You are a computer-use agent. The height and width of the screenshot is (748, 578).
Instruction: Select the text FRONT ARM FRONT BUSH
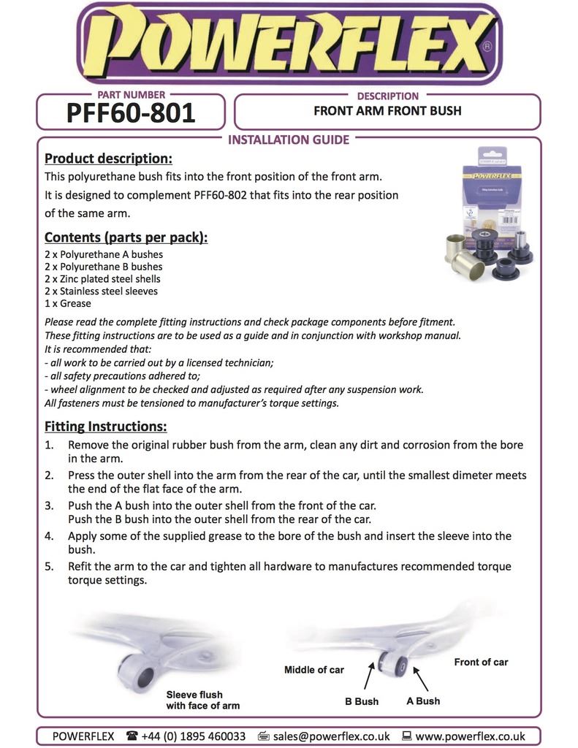(x=387, y=112)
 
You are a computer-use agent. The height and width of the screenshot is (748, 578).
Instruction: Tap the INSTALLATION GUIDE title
(x=289, y=140)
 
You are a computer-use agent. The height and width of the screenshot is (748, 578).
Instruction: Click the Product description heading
(x=108, y=159)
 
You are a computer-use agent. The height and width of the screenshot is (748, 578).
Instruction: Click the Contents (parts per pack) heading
(x=126, y=237)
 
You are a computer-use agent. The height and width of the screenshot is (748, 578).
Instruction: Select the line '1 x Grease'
(x=68, y=303)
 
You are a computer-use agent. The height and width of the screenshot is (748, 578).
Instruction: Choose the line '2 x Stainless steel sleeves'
(x=101, y=291)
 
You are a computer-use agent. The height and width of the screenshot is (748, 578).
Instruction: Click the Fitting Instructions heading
(x=105, y=426)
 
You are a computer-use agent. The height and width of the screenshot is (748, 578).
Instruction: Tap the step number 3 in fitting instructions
(x=49, y=505)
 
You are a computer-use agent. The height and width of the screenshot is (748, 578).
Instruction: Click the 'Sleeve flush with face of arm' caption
(x=202, y=700)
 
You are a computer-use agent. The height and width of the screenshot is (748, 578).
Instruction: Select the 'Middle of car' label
(x=313, y=670)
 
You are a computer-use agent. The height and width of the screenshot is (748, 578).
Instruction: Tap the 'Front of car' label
(x=481, y=662)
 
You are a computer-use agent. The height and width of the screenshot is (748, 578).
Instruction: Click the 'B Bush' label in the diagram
(x=362, y=701)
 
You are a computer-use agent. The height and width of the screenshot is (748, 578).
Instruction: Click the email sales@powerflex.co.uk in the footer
(x=330, y=736)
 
